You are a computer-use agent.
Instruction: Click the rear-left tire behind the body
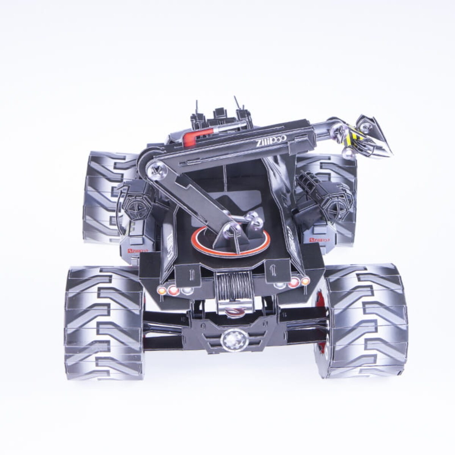(x=102, y=197)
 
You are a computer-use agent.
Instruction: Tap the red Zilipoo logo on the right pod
(x=318, y=240)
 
